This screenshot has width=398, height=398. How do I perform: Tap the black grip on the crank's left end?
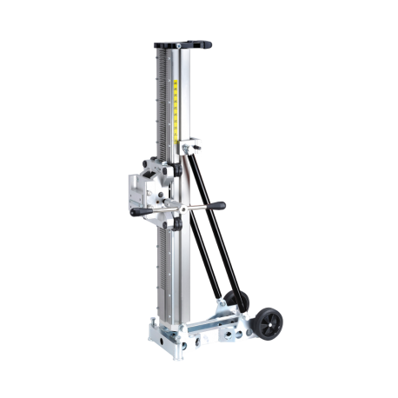136,214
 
